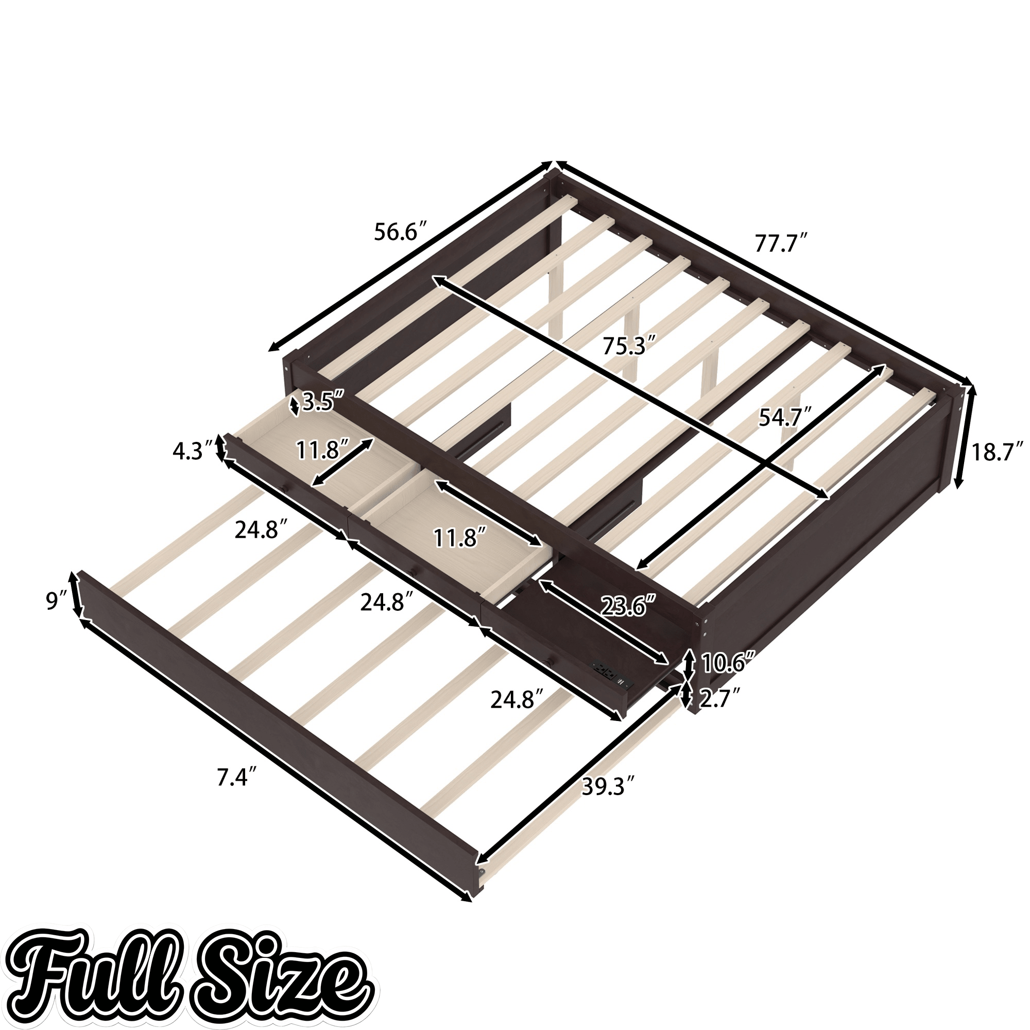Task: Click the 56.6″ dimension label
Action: pos(400,232)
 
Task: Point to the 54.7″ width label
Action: pos(785,418)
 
